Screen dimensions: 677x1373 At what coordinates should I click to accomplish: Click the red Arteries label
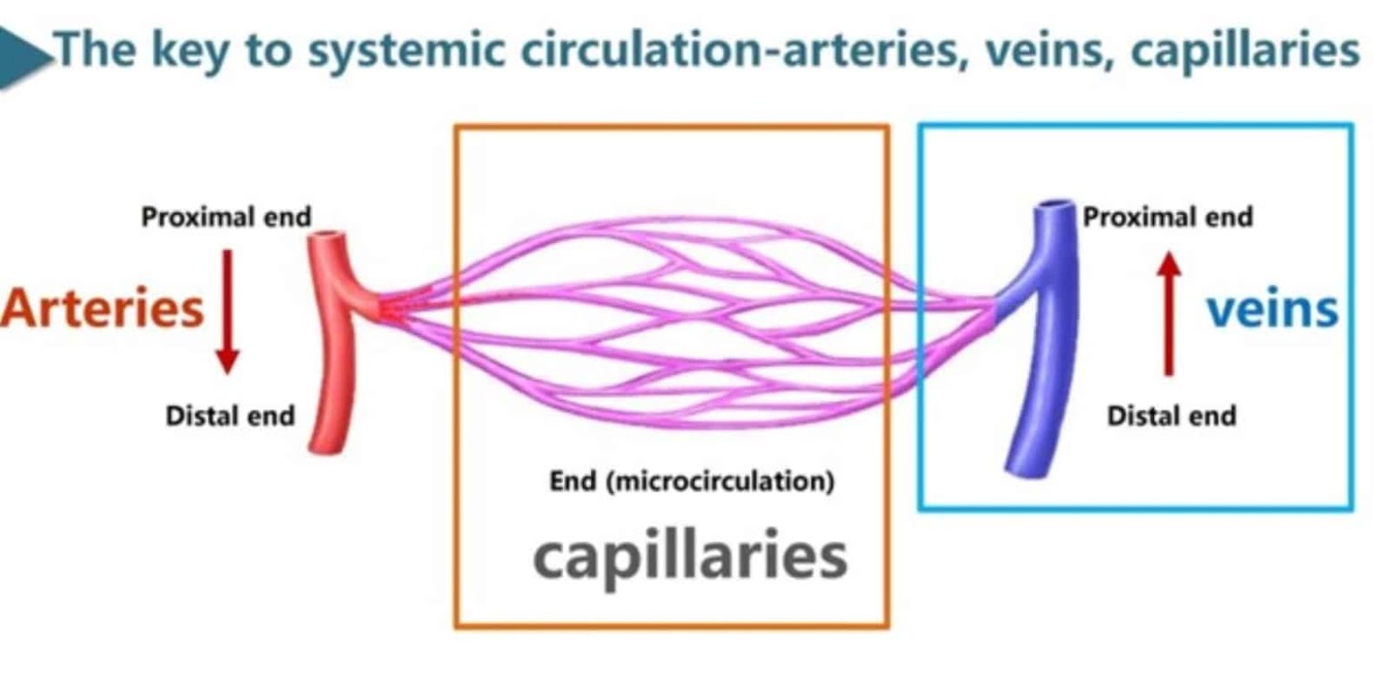coord(101,309)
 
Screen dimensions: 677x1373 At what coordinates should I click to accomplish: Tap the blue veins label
coord(1272,309)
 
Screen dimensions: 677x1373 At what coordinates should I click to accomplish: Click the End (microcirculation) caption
coord(692,482)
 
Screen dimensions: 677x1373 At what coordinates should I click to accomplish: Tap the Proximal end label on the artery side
coord(226,217)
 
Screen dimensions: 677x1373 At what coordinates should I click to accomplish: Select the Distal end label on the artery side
coord(230,415)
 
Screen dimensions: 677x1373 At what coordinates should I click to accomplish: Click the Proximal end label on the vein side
coord(1167,217)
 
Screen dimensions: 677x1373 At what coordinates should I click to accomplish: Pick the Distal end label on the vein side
coord(1171,415)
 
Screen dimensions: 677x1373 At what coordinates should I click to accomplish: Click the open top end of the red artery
coord(328,239)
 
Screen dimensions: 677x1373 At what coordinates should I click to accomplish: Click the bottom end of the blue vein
coord(1019,464)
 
